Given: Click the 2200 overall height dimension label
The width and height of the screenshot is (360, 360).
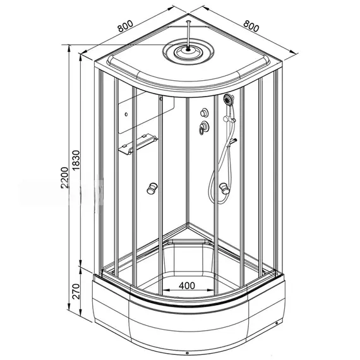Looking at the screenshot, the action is [65, 177].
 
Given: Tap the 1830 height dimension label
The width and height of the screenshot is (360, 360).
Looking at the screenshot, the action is [76, 160].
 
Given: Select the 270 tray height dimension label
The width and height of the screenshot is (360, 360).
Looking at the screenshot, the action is [76, 291].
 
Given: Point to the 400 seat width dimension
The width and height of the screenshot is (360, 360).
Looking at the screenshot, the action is [187, 285].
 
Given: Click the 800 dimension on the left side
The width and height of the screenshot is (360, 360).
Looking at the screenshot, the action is [125, 26].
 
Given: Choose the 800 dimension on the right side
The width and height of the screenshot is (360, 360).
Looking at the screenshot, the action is [251, 26].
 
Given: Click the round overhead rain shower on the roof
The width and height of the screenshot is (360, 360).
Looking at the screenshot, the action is [188, 52].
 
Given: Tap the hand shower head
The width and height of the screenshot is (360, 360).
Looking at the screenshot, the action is [228, 99].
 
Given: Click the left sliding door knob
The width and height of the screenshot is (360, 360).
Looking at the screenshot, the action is [152, 188].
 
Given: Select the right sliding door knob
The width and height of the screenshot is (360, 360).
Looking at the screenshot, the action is [224, 188].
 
